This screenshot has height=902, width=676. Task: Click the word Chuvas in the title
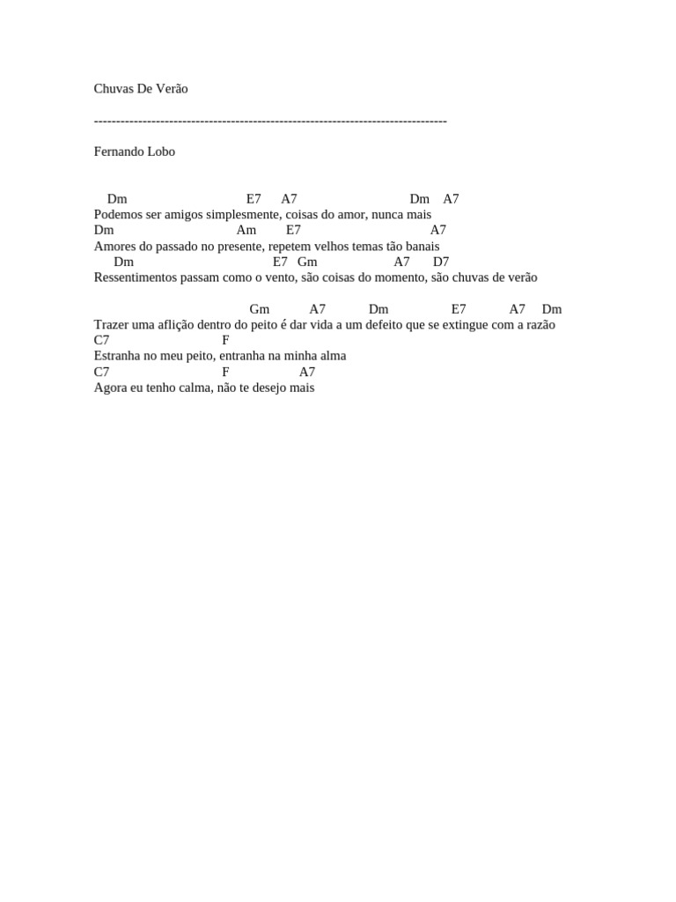coord(113,89)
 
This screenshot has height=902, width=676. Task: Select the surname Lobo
coord(161,152)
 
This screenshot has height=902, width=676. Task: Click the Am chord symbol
coord(246,230)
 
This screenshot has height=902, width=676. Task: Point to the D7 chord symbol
coord(441,262)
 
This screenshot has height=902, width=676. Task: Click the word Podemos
coord(118,215)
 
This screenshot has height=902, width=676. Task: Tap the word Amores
coord(114,247)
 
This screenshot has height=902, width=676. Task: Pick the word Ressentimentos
coord(136,277)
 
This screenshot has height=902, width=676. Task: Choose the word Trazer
coord(111,324)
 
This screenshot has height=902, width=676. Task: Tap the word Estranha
coord(116,356)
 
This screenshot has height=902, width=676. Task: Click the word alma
coord(333,356)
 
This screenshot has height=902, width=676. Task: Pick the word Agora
coord(110,388)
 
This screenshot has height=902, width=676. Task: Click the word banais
coord(421,247)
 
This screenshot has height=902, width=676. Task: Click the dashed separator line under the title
coord(270,121)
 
